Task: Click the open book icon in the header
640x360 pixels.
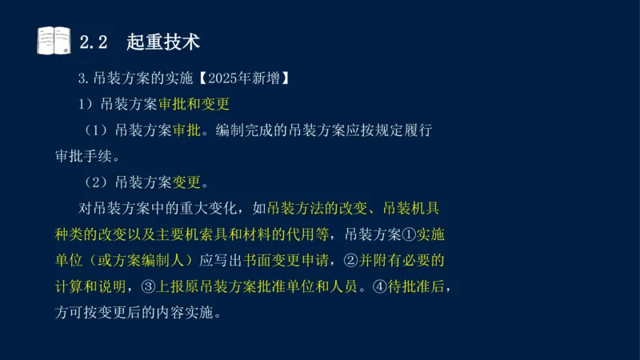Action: click(54, 40)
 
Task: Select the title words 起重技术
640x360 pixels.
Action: click(163, 41)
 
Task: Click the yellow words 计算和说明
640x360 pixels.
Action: click(85, 286)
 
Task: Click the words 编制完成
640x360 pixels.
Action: click(250, 130)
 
